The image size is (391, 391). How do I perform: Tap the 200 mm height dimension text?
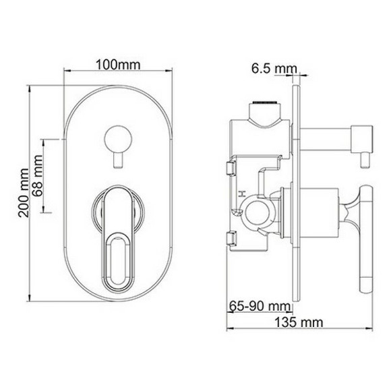pos(25,191)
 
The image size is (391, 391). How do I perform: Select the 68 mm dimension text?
pos(39,177)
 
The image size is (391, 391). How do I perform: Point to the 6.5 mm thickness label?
pos(272,68)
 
